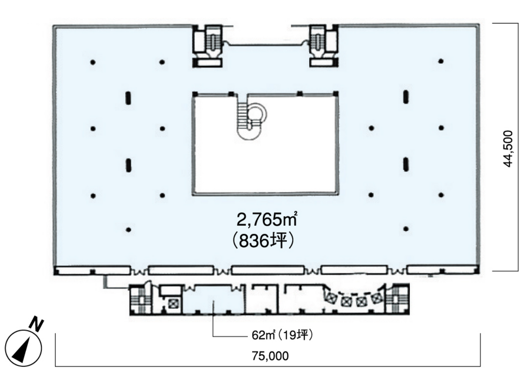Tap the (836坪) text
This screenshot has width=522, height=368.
pos(263,241)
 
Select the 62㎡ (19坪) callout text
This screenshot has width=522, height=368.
pos(283,335)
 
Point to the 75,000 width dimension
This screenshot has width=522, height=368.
pos(270,356)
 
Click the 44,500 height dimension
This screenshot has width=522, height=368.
pos(508,149)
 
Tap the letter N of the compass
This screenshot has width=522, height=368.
pos(37,325)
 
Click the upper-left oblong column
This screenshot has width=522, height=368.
pos(128,98)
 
